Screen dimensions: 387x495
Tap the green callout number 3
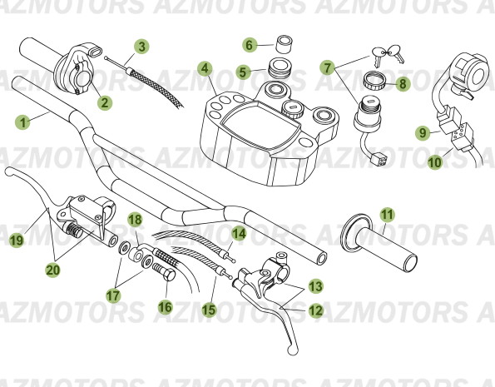tap(142, 46)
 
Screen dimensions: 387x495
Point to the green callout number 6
tap(249, 44)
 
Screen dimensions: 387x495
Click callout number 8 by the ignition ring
tap(402, 83)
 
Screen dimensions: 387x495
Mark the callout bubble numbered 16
tap(164, 307)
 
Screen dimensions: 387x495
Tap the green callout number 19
tap(16, 241)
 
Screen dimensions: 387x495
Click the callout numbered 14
tap(239, 234)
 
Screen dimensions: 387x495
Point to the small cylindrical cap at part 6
tap(285, 42)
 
